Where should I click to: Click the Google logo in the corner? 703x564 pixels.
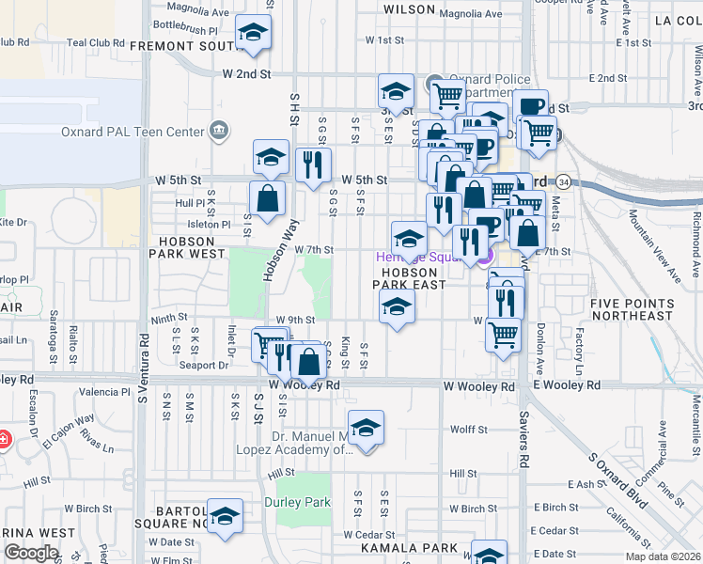[x=32, y=554]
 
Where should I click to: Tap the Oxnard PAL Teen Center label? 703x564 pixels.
[x=145, y=132]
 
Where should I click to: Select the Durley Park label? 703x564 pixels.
[x=297, y=503]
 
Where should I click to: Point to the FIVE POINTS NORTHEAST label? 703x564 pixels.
[x=632, y=309]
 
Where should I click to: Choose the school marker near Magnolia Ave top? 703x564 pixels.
[x=253, y=34]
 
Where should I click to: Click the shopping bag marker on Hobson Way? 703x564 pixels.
[x=267, y=198]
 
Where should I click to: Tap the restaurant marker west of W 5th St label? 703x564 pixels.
[x=313, y=165]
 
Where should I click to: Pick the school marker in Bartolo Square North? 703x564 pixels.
[x=225, y=516]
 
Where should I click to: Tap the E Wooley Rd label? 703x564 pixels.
[x=568, y=385]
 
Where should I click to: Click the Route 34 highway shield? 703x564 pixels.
[x=562, y=180]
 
